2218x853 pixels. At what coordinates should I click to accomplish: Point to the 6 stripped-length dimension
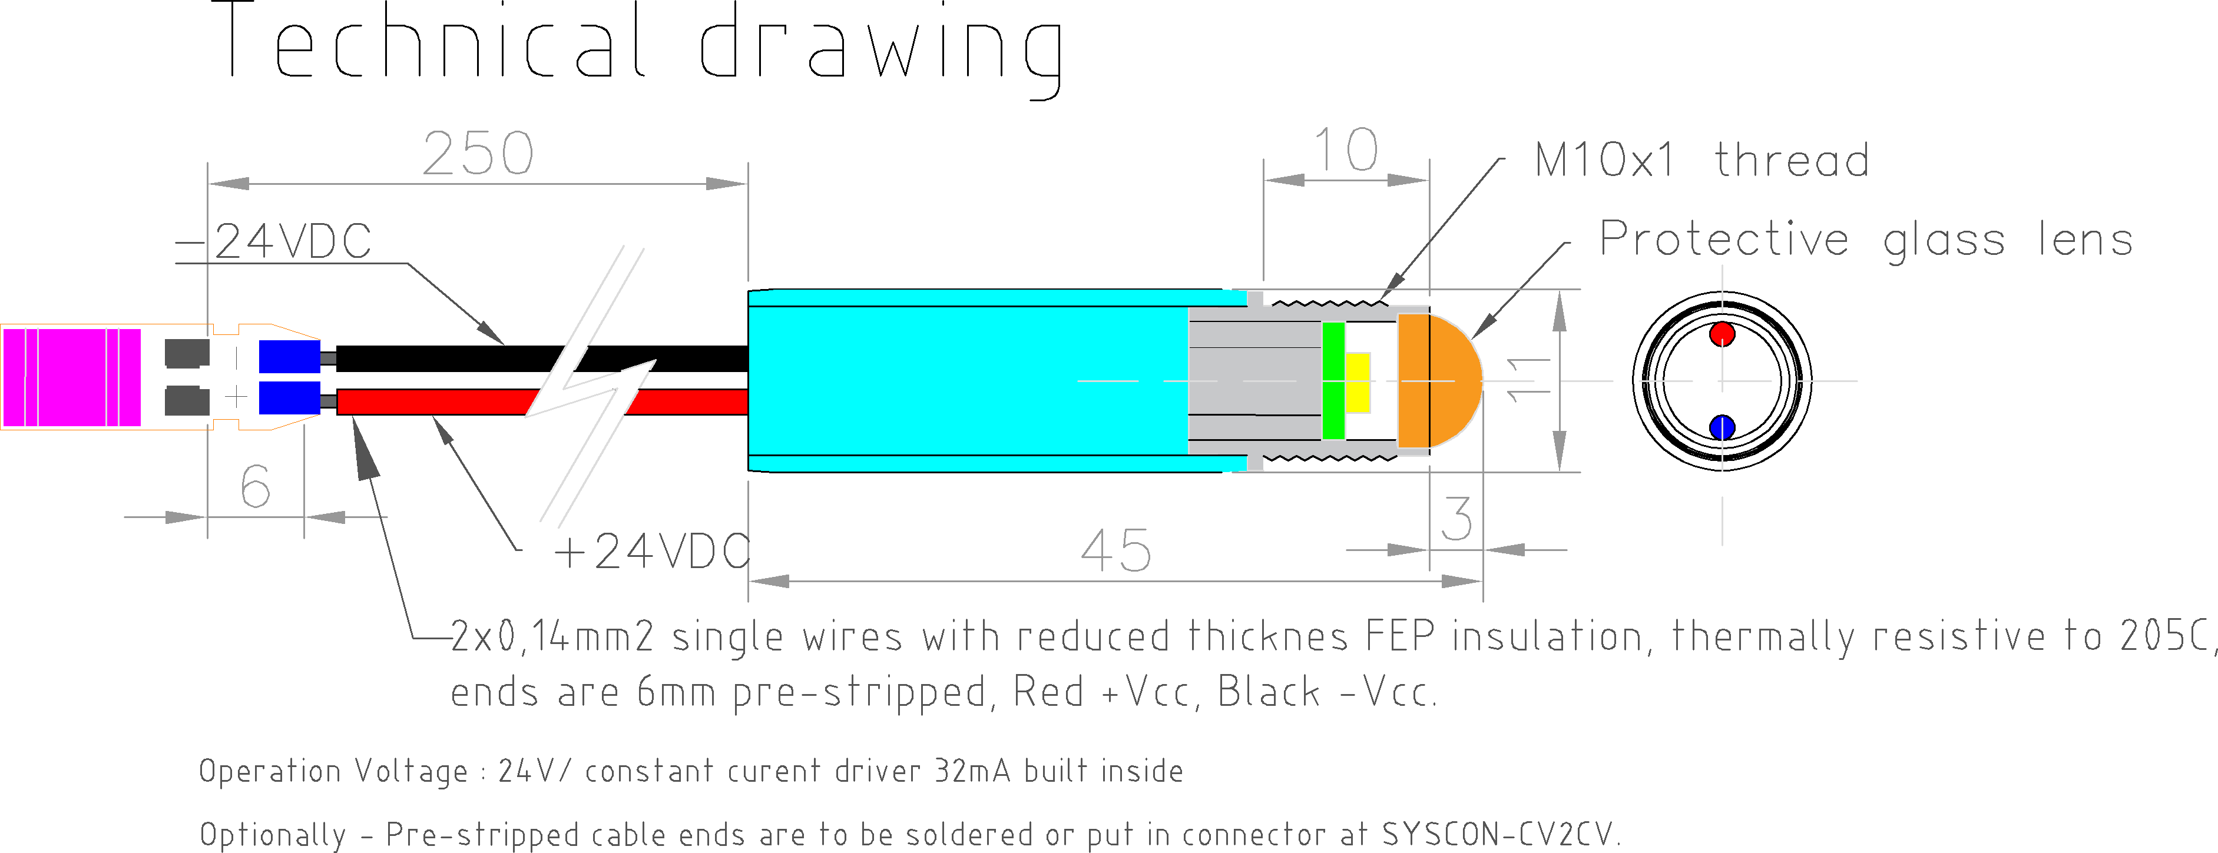click(255, 487)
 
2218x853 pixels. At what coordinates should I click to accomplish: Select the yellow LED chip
click(1358, 382)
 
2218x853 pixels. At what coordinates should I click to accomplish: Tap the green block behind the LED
click(1333, 380)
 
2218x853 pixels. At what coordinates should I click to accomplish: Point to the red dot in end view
click(1722, 334)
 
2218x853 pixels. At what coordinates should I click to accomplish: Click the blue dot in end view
click(1722, 426)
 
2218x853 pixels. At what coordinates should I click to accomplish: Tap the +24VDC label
click(652, 551)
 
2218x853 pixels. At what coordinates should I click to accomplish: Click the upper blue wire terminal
click(289, 356)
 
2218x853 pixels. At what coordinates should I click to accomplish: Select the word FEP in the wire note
click(1400, 637)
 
